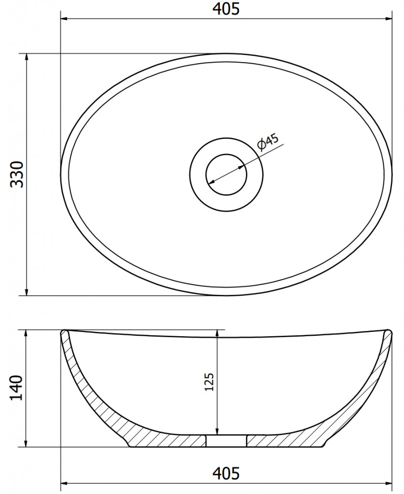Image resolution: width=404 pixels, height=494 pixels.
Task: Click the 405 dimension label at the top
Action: point(226,9)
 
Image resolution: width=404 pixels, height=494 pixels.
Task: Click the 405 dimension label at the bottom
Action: point(226,473)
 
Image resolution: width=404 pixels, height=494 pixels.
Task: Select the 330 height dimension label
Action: point(17,174)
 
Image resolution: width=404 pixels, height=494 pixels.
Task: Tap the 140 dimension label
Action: point(17,388)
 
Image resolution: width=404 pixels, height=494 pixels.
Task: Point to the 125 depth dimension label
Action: point(209,382)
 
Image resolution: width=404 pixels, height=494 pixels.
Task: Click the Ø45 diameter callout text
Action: point(268,142)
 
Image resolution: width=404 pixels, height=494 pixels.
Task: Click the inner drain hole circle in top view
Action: point(227,174)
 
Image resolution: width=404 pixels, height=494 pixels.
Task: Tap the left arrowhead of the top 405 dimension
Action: point(65,19)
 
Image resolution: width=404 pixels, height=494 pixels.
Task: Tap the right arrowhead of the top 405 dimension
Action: point(388,19)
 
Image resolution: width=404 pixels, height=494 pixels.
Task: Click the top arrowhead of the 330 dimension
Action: point(27,58)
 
